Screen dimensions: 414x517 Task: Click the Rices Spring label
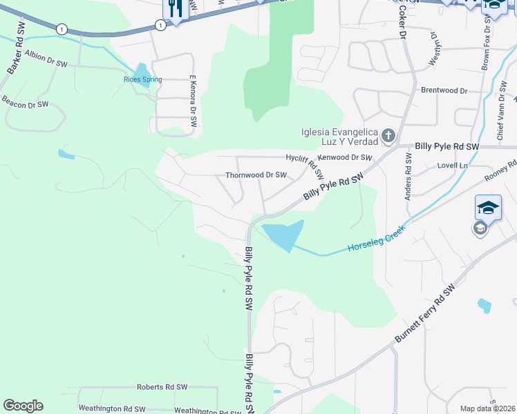click(x=142, y=79)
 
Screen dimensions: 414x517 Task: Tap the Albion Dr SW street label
click(x=46, y=58)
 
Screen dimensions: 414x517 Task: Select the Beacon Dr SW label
click(x=25, y=104)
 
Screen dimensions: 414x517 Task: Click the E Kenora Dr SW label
click(x=194, y=97)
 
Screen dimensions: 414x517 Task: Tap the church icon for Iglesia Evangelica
click(x=388, y=136)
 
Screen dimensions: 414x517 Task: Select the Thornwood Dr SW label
click(x=256, y=175)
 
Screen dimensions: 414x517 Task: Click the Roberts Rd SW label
click(x=162, y=387)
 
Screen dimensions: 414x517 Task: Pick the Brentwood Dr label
click(x=444, y=90)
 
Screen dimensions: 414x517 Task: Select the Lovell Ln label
click(x=453, y=166)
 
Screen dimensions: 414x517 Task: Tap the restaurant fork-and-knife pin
click(x=174, y=9)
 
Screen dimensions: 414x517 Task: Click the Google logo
click(x=23, y=406)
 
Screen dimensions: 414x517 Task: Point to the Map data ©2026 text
click(x=488, y=408)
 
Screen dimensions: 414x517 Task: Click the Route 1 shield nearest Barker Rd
click(x=62, y=28)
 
